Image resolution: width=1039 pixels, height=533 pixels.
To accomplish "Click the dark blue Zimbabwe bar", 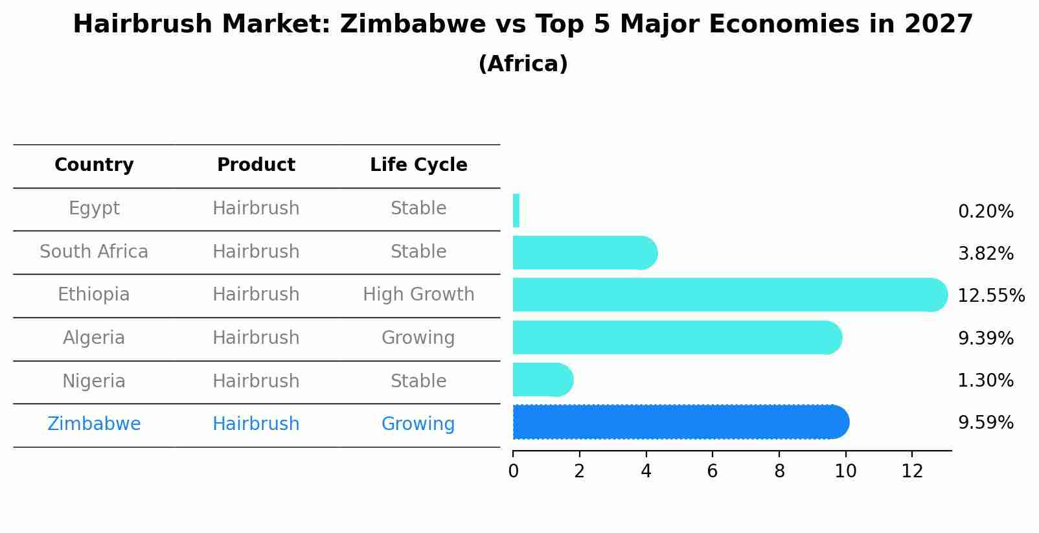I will tap(680, 422).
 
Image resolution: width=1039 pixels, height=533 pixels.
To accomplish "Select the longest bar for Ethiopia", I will tap(729, 295).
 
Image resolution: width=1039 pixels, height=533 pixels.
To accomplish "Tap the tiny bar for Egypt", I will tap(516, 210).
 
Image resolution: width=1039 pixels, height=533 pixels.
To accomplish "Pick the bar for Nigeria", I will tap(542, 380).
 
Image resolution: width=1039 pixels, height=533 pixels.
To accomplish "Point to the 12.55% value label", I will tap(990, 296).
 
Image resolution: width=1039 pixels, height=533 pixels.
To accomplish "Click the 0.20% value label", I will tap(985, 212).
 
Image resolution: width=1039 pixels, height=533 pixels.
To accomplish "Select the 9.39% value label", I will tap(985, 338).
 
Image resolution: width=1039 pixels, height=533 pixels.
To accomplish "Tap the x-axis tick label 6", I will tap(713, 471).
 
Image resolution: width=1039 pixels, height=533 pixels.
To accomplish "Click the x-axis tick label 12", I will tap(912, 471).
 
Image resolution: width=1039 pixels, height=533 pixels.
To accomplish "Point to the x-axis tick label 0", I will tap(513, 471).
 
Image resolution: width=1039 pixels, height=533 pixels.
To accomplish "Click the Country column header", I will tap(94, 165).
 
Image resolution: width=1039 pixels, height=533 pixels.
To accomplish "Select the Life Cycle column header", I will tap(418, 165).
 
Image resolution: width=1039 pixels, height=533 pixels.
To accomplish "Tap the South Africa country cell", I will tap(94, 251).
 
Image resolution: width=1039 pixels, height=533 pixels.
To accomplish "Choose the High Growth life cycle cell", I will tap(418, 295).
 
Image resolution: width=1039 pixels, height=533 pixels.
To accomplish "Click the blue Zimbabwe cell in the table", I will tap(94, 424).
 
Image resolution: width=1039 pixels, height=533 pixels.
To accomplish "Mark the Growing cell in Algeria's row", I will tap(418, 338).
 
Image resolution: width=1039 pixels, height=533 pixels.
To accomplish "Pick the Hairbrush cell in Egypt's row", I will tap(256, 209).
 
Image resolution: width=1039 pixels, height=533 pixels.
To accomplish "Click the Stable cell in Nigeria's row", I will tap(418, 381).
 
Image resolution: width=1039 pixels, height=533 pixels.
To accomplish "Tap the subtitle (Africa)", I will tap(523, 64).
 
